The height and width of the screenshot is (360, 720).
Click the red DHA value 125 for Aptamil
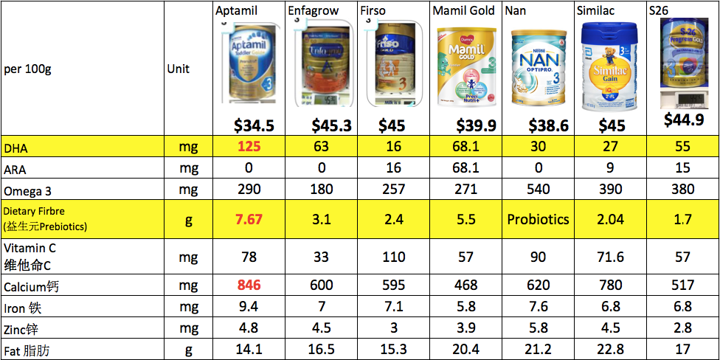click(x=249, y=148)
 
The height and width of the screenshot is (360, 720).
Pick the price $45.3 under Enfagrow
click(x=330, y=125)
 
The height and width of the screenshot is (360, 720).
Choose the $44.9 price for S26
click(x=682, y=120)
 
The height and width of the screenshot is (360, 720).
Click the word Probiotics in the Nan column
click(x=538, y=219)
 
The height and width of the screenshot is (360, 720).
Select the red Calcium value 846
click(x=249, y=285)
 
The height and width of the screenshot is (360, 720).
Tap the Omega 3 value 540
click(x=538, y=190)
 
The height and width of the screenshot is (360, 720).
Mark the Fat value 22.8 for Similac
click(x=610, y=350)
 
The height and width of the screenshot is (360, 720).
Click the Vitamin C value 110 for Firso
click(x=394, y=257)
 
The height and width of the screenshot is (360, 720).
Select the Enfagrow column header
click(x=311, y=11)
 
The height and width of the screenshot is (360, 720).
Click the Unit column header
click(x=178, y=69)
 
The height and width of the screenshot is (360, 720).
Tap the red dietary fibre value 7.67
click(x=249, y=219)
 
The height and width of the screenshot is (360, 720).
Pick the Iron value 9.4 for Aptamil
click(x=249, y=306)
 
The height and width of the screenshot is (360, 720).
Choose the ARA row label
click(x=15, y=169)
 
